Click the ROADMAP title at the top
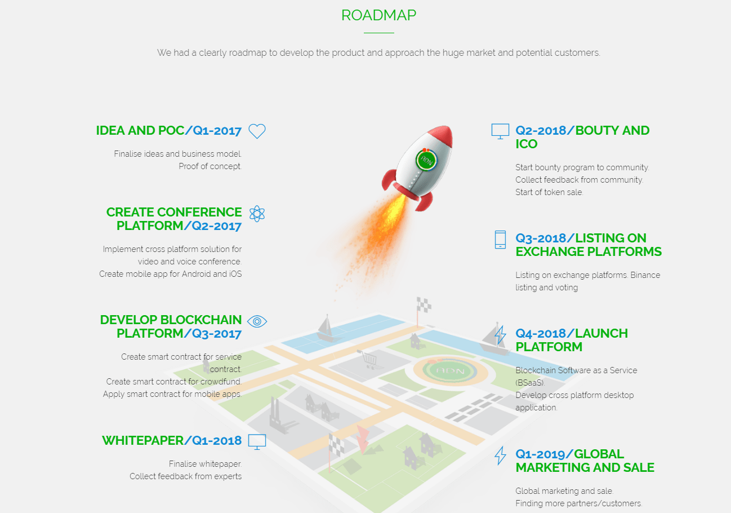pos(378,15)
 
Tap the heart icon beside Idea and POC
pos(257,131)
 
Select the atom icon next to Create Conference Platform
pos(257,214)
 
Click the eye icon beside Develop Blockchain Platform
pos(257,321)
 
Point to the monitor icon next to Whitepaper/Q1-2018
pos(257,442)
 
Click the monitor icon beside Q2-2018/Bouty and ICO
pos(500,131)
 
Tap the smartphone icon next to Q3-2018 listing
pos(500,240)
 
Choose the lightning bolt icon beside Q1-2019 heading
pos(500,455)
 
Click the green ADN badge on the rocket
pos(426,160)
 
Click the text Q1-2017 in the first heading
pos(217,131)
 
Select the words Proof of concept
pos(210,166)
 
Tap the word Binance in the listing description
pos(645,275)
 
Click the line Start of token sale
pos(549,192)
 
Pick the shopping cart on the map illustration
pos(369,360)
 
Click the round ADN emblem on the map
pos(451,371)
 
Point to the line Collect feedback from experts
pos(186,476)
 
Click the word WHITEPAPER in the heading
pos(143,440)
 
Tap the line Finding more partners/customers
pos(579,503)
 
